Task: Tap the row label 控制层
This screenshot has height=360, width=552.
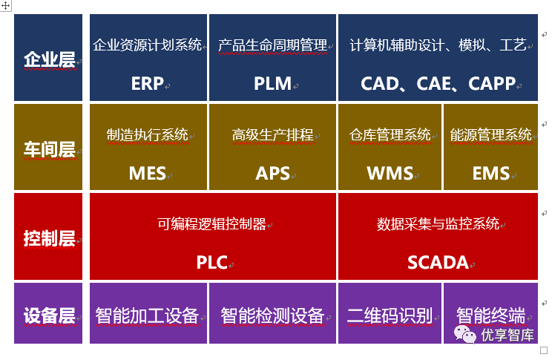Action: (x=50, y=239)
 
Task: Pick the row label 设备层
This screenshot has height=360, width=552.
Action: (x=50, y=315)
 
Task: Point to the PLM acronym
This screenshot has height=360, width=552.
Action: (x=272, y=83)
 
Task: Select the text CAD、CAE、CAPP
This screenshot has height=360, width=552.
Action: (x=438, y=83)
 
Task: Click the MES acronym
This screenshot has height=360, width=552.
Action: (x=147, y=174)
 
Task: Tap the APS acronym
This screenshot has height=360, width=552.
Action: (x=272, y=174)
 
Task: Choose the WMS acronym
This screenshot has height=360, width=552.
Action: (x=390, y=174)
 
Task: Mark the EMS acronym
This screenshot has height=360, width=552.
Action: (x=491, y=174)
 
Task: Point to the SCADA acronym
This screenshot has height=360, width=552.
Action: (x=438, y=263)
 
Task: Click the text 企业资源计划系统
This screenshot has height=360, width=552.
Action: (x=147, y=45)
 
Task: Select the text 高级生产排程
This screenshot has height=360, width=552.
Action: (x=272, y=135)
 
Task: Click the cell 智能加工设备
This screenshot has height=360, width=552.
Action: (x=147, y=315)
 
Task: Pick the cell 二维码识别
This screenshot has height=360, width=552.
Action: (x=390, y=315)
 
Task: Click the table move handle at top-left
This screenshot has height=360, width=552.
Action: (x=6, y=4)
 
